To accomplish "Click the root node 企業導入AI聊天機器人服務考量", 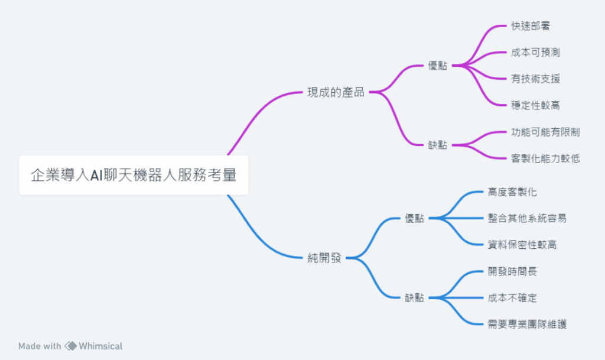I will click(134, 175).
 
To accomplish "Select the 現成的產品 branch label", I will click(336, 93).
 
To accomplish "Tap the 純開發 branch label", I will click(324, 258).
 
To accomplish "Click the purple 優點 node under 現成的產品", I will click(438, 66).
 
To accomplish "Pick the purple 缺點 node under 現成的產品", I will click(438, 145).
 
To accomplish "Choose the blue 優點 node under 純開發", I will click(415, 219).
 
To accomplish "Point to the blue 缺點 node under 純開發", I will click(415, 298).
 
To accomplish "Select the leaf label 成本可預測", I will click(535, 53).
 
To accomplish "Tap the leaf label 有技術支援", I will click(535, 79).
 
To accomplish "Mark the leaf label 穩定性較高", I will click(535, 106).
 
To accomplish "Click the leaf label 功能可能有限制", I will click(545, 132).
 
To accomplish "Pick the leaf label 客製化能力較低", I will click(545, 158).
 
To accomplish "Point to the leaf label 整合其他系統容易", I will click(527, 218).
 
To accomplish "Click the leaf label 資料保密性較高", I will click(522, 245).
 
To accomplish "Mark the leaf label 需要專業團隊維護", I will click(527, 324).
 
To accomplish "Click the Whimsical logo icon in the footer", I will click(70, 346).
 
